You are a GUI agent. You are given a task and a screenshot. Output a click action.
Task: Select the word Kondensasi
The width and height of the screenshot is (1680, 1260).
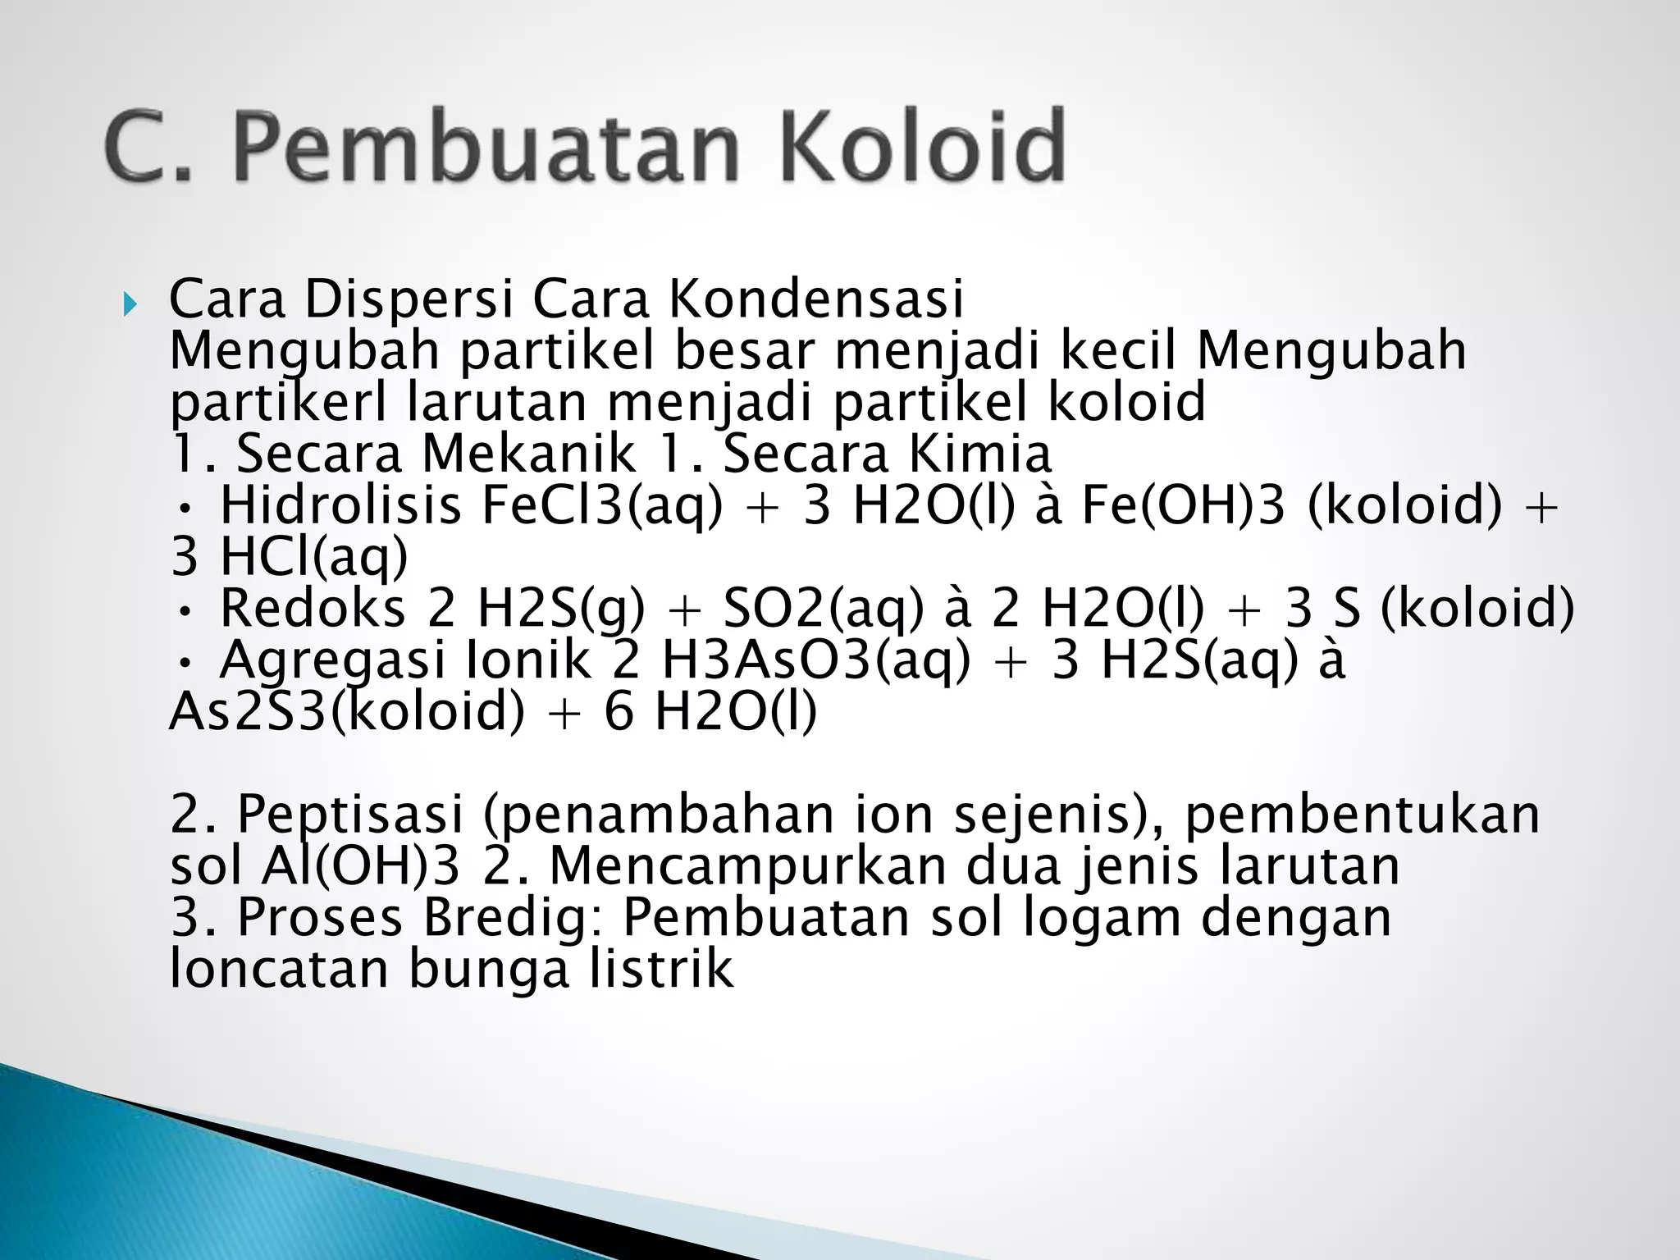[816, 299]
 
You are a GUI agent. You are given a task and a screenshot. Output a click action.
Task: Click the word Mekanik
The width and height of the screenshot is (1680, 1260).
[527, 454]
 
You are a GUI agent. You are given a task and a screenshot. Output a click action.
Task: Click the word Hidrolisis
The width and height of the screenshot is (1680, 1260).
[340, 505]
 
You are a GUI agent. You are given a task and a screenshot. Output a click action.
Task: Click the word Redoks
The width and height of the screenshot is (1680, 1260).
[313, 609]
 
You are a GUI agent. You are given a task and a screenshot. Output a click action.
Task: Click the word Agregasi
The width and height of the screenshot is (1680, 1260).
[331, 661]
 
